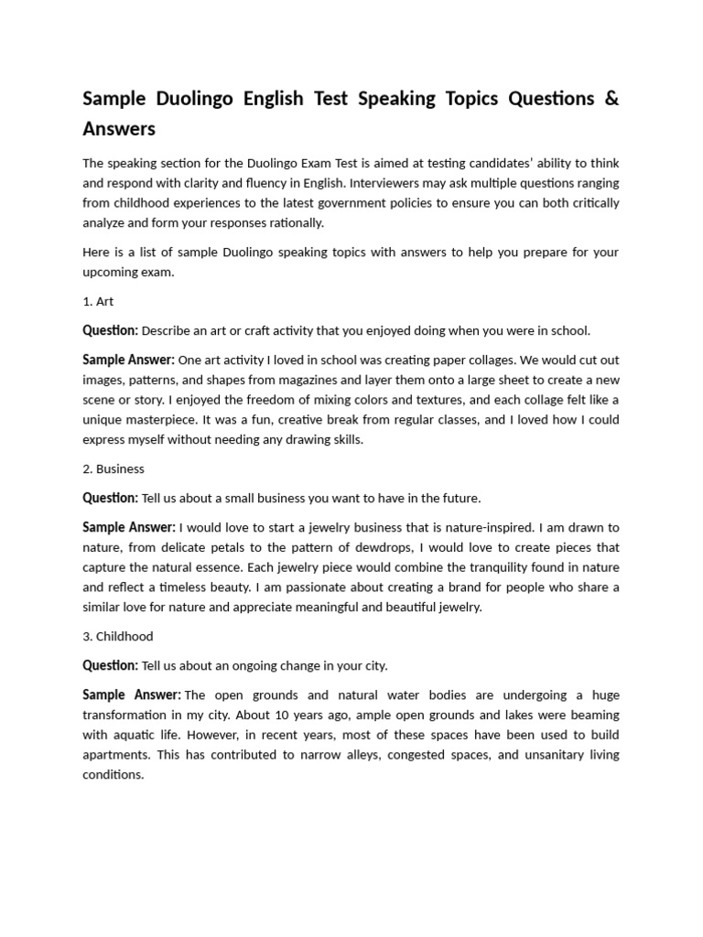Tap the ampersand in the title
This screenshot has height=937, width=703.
611,98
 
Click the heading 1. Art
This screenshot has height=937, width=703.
98,301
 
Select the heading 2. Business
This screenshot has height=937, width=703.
114,468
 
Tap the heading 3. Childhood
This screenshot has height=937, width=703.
118,636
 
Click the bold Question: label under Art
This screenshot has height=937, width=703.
110,330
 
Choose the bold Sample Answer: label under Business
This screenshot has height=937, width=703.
128,527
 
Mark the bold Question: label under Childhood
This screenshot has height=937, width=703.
110,665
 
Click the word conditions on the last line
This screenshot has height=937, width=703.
113,774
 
